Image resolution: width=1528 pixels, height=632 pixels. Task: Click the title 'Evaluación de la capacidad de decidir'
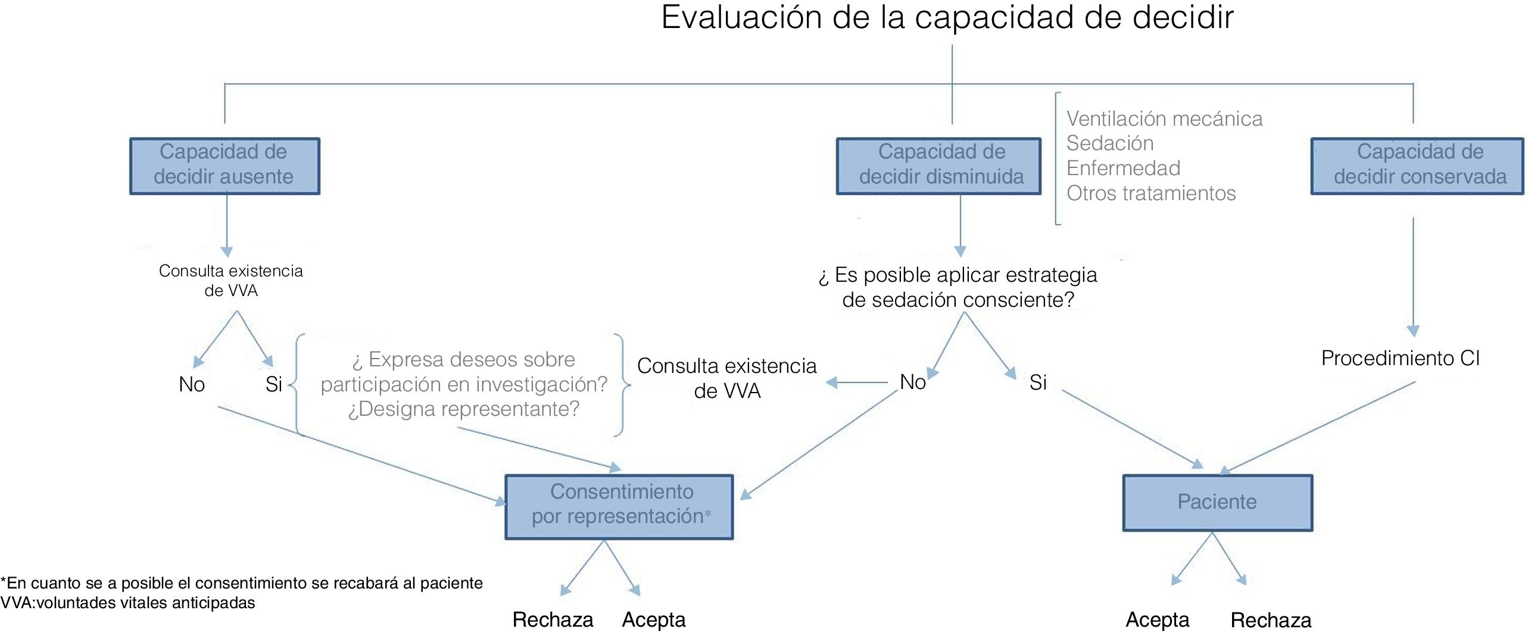click(947, 18)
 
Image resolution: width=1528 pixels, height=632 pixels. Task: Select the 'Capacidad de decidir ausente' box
click(224, 166)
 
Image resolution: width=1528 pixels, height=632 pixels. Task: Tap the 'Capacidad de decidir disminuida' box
click(939, 166)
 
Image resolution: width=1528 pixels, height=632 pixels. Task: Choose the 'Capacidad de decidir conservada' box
click(1418, 166)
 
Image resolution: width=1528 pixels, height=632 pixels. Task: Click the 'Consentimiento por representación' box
click(619, 506)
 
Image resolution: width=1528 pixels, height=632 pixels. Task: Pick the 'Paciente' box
click(1217, 502)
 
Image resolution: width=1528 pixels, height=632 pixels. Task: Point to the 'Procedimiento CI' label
click(1400, 359)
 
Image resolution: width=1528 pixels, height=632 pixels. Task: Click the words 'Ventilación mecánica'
click(1164, 119)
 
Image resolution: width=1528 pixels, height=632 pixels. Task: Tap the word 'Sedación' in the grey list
click(1109, 144)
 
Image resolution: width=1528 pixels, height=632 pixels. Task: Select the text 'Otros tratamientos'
click(1150, 194)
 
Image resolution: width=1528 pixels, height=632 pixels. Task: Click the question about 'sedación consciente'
click(958, 287)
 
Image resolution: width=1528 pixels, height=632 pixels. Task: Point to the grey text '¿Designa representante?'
click(463, 409)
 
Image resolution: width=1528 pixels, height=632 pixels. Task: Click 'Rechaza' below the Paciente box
click(1271, 620)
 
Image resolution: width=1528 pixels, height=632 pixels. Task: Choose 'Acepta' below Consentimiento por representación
click(653, 620)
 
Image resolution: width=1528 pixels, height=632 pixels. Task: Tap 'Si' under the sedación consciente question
click(1038, 382)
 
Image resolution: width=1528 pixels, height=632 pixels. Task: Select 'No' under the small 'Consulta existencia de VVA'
click(192, 385)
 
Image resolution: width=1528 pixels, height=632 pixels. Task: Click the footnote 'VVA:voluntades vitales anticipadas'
click(128, 603)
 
